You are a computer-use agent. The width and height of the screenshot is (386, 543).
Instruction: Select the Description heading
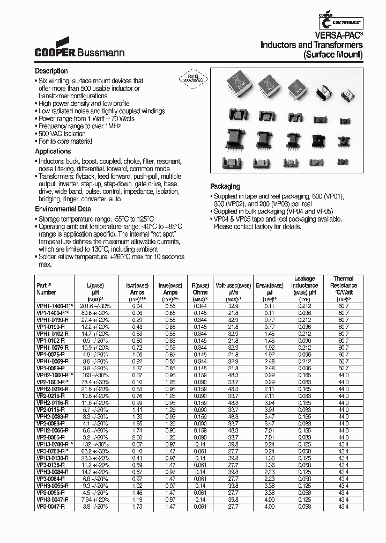pyautogui.click(x=51, y=71)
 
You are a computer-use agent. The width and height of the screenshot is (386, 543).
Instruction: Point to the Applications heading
pyautogui.click(x=53, y=152)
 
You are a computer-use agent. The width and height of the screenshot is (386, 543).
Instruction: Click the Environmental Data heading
pyautogui.click(x=63, y=209)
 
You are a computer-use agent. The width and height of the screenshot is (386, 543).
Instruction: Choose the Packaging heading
pyautogui.click(x=225, y=186)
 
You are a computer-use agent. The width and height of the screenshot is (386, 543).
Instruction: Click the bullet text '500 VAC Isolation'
pyautogui.click(x=62, y=134)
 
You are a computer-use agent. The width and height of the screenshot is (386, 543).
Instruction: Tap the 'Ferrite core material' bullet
pyautogui.click(x=65, y=142)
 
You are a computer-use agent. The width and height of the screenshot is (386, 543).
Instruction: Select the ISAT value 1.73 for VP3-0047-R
pyautogui.click(x=137, y=506)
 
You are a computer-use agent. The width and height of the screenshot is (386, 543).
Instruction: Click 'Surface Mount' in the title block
pyautogui.click(x=333, y=55)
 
